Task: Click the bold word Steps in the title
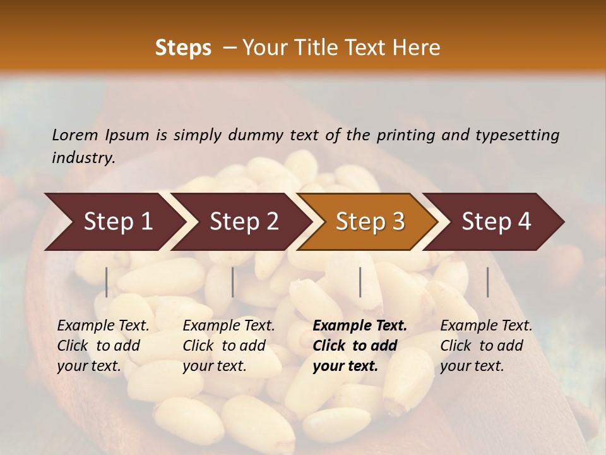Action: (x=183, y=48)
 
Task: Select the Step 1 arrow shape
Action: (x=114, y=222)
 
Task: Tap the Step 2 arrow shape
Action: (x=244, y=222)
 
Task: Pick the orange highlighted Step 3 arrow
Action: (x=370, y=222)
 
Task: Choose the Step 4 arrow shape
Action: (x=496, y=222)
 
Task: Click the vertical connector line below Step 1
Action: (x=107, y=282)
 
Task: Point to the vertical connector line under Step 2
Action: (x=233, y=282)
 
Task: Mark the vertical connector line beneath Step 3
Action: (x=360, y=282)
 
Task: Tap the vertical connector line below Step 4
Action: (x=488, y=282)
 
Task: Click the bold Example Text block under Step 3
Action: (x=360, y=346)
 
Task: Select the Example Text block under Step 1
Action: (x=103, y=346)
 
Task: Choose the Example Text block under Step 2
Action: (x=229, y=346)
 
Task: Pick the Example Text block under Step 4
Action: (x=486, y=346)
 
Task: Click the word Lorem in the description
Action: (x=75, y=135)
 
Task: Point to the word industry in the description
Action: (x=83, y=157)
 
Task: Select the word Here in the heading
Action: (x=417, y=48)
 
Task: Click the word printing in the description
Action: (x=410, y=135)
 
